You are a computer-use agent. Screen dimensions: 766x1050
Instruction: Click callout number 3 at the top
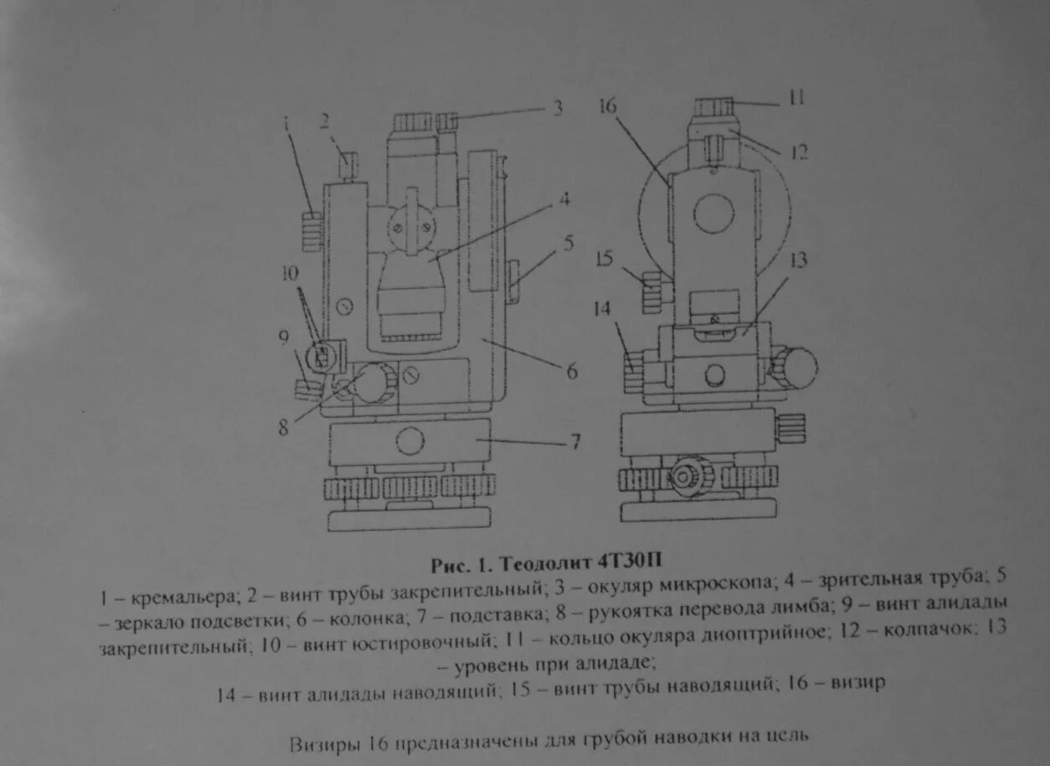557,107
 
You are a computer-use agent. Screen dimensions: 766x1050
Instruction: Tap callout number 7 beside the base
575,441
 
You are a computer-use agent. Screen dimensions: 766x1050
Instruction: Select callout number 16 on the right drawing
609,106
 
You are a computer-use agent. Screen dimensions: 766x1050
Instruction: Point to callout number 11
795,98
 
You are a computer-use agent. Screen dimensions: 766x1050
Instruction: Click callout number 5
569,244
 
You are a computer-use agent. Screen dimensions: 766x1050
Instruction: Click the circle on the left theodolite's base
409,441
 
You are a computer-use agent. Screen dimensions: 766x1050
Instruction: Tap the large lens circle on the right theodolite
713,213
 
